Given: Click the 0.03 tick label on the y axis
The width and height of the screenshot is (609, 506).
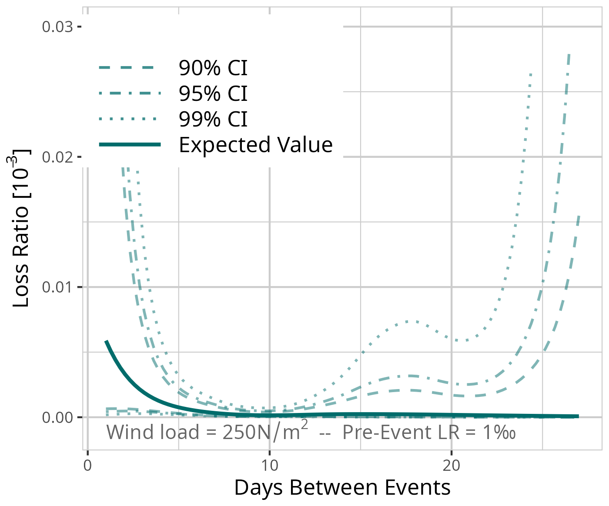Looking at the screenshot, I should pos(57,27).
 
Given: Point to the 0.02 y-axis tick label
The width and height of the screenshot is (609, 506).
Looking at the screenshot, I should pos(57,157).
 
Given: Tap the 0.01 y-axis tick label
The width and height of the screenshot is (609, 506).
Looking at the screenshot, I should pos(57,287).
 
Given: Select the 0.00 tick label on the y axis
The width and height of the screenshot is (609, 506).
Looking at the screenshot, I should pos(57,417).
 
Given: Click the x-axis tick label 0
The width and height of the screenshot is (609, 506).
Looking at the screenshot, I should pos(87,466).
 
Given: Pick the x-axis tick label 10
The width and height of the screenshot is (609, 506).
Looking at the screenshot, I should pos(269,466).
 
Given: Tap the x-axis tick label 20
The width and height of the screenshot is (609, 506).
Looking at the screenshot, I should pos(451,466).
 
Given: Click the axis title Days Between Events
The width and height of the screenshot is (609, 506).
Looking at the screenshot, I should pos(342,488).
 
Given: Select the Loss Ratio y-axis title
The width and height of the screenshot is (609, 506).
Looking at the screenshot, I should pos(21,228).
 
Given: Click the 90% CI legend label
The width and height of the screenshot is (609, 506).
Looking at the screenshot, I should pos(213,68).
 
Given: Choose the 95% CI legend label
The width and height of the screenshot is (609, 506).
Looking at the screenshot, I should pos(213,93).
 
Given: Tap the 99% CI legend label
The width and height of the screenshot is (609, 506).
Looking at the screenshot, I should pos(213,119).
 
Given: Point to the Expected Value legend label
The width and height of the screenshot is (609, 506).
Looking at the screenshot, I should pos(255,145).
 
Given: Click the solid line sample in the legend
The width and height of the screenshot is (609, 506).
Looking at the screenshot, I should pos(130,145).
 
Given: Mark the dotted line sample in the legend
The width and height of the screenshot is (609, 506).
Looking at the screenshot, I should pos(130,119).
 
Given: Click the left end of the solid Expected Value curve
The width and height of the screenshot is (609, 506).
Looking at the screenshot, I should pos(106,342).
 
